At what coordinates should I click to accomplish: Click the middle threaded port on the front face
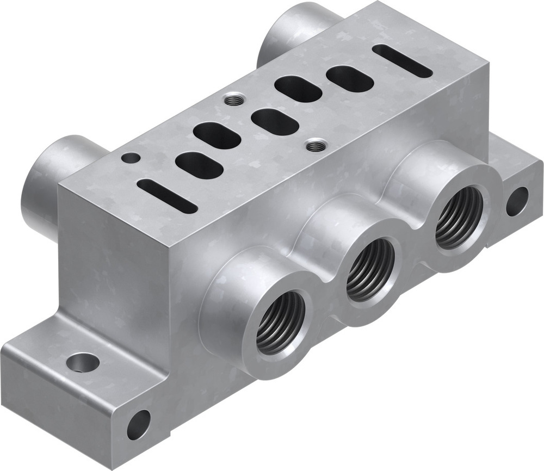370,269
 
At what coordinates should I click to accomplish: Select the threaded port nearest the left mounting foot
280,323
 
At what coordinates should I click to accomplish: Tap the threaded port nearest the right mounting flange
459,217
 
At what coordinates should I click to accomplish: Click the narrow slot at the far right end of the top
402,61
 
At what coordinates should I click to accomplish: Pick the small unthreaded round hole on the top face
131,158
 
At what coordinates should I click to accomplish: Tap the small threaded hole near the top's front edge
314,145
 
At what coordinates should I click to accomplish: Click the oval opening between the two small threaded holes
275,122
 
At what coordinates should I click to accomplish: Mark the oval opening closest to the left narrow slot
199,165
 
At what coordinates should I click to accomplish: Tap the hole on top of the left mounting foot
83,361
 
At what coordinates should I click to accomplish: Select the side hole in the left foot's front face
138,425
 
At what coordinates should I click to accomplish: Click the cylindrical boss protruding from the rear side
288,30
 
